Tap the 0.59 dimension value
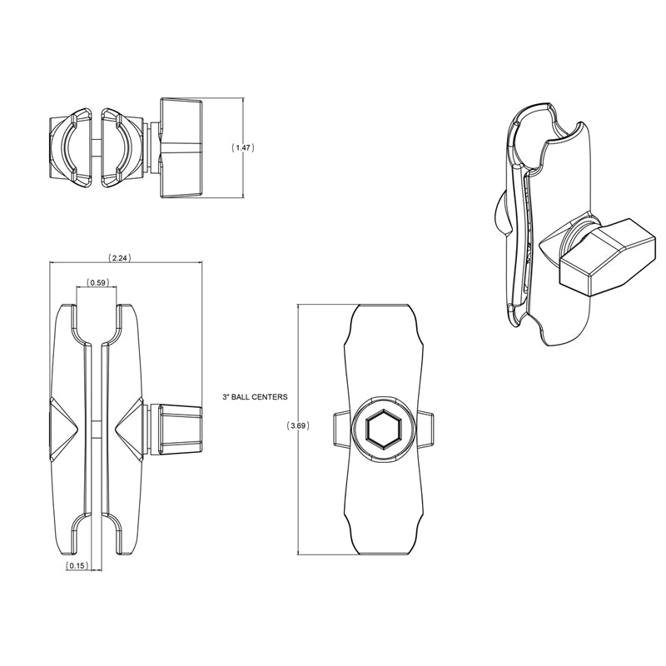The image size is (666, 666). (x=97, y=282)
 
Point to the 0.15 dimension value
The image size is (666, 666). (x=77, y=566)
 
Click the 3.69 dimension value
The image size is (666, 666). (x=298, y=426)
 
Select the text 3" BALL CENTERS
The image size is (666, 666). (x=255, y=397)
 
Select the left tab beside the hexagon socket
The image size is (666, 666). (x=340, y=430)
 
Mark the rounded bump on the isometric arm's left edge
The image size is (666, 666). (x=501, y=211)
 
